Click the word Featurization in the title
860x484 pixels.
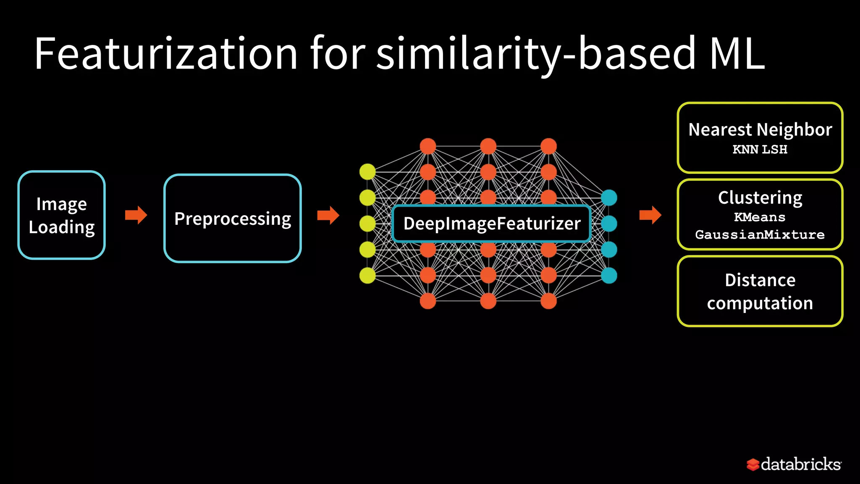point(166,54)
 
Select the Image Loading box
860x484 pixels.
point(62,215)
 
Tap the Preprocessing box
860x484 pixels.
point(233,218)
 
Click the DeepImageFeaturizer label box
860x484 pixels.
point(492,224)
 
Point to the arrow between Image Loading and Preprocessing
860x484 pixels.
point(136,215)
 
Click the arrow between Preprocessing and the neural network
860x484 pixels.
point(328,215)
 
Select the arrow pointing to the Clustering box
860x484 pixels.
point(650,215)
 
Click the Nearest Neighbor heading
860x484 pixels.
point(760,129)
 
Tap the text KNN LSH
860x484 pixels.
point(760,150)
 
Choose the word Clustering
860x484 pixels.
point(760,197)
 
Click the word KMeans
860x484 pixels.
point(760,217)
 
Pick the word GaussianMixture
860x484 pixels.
point(760,234)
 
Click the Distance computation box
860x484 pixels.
point(760,291)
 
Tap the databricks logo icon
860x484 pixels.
point(752,465)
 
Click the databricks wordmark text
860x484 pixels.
point(801,464)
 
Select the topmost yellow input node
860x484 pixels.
point(367,172)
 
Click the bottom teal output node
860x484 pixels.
point(609,276)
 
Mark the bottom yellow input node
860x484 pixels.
point(367,276)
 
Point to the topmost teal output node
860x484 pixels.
point(609,197)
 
